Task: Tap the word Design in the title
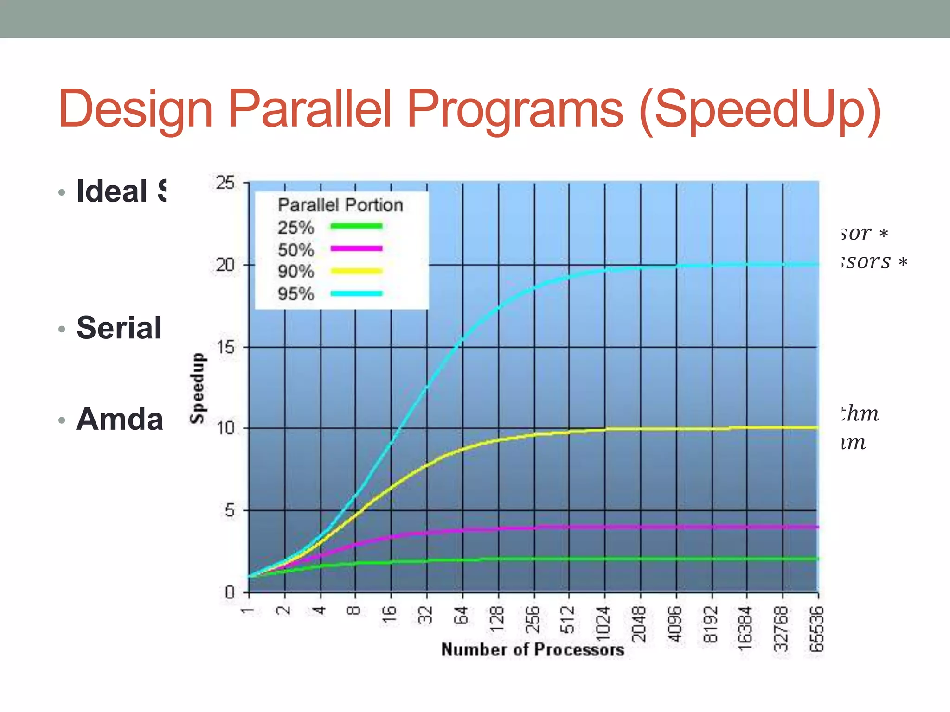coord(135,109)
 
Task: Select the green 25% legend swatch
coord(356,226)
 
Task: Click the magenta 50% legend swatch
coord(356,249)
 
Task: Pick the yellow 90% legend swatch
coord(356,271)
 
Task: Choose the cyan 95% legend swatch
coord(356,293)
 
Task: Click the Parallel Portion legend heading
coord(340,205)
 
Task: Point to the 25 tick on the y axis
coord(225,183)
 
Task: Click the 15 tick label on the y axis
coord(225,347)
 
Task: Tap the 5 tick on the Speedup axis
coord(230,511)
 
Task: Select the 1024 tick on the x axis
coord(603,624)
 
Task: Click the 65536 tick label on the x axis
coord(816,629)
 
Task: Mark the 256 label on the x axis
coord(533,619)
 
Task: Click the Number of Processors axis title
coord(533,649)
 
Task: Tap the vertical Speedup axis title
coord(197,388)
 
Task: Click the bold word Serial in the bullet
coord(119,328)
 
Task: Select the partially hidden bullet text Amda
coord(120,419)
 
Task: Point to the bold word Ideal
coord(112,191)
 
